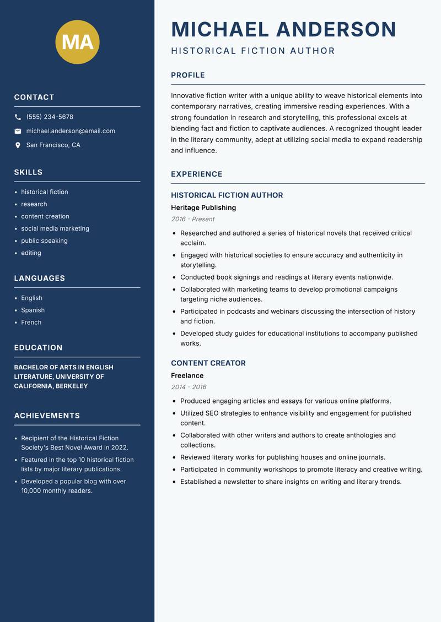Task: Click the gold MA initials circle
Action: click(77, 42)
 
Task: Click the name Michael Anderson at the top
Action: click(283, 29)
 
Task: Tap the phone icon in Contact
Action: click(18, 117)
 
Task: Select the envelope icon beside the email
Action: click(18, 131)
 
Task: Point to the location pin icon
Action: click(18, 145)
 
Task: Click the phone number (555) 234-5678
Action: click(50, 117)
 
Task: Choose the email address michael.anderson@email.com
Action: click(71, 131)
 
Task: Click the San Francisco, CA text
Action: click(53, 145)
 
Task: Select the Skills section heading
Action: click(28, 172)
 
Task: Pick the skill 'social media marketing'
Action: click(55, 228)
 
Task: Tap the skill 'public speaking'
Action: click(44, 241)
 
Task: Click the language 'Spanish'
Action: click(33, 310)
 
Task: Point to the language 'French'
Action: click(31, 322)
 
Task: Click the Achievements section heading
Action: click(47, 416)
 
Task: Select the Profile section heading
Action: click(187, 75)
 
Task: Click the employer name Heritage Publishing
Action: click(203, 208)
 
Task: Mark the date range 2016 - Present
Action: click(192, 219)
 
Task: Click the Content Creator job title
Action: click(208, 363)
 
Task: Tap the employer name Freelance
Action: click(187, 375)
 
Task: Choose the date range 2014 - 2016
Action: click(189, 387)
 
